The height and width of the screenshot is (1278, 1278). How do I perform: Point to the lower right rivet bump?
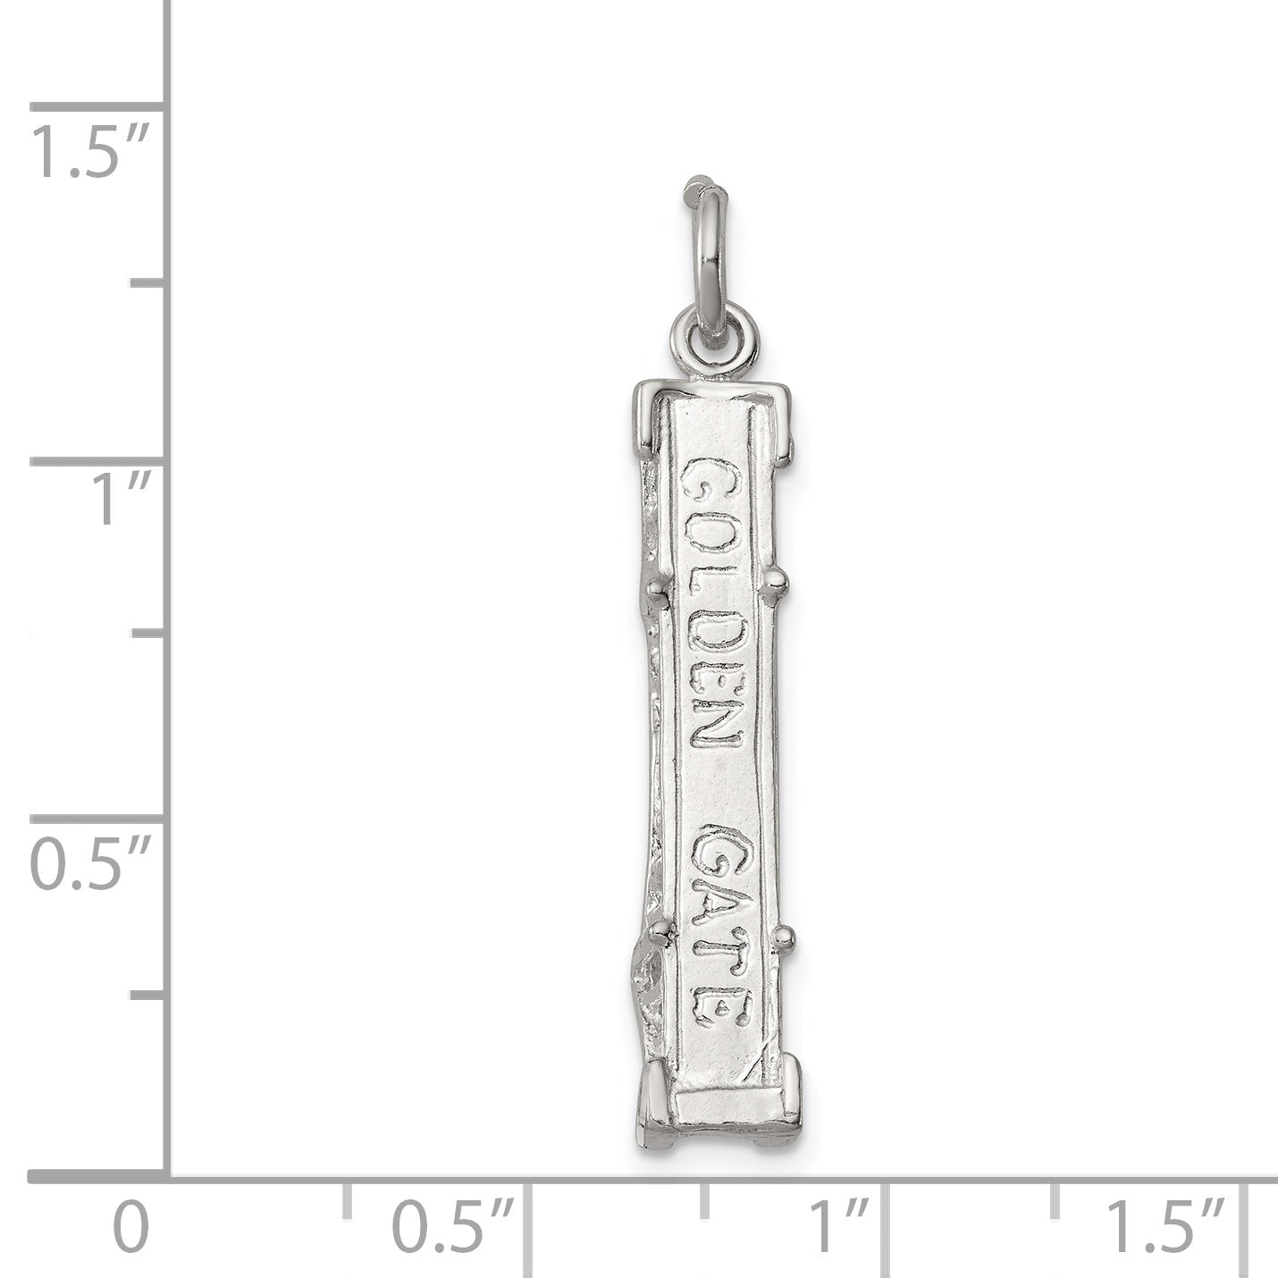[x=786, y=937]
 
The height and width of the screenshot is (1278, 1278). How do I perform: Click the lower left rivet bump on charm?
[x=660, y=935]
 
